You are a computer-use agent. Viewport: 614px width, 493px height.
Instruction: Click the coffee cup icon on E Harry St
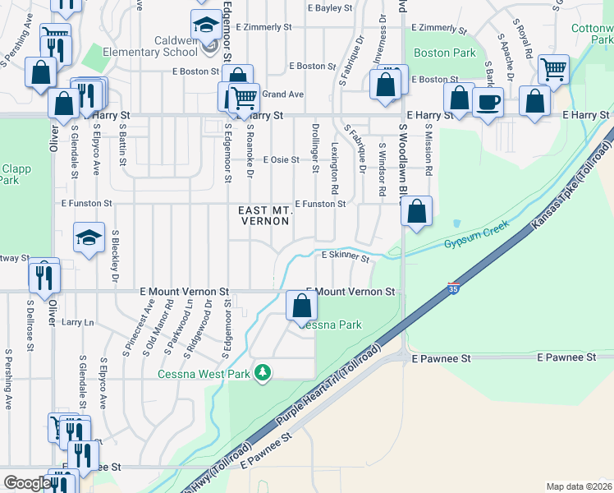click(488, 104)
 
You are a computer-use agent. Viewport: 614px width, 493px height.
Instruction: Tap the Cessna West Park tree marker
click(263, 374)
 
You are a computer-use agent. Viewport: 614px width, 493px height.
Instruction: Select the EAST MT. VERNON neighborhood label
click(265, 216)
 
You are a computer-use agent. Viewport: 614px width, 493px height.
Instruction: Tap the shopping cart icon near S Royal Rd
click(554, 70)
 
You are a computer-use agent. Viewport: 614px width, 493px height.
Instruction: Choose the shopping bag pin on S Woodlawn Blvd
click(417, 211)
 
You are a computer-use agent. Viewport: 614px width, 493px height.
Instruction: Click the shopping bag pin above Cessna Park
click(302, 306)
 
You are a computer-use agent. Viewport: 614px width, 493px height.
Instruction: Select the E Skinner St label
click(345, 256)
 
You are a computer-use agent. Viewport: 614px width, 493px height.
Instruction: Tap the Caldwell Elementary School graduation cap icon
click(206, 23)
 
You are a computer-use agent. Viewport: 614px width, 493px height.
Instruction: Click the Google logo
click(26, 483)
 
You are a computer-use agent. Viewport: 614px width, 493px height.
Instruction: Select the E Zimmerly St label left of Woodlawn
click(263, 27)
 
